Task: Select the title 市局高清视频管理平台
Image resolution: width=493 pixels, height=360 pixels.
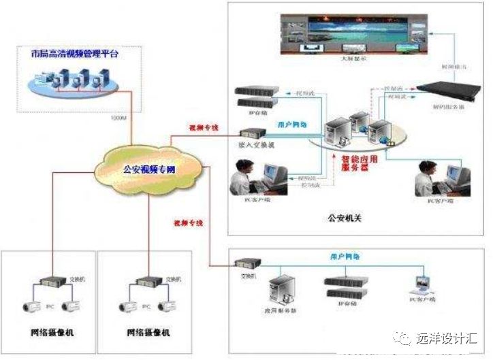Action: click(74, 54)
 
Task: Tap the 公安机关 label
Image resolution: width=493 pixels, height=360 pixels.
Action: click(340, 219)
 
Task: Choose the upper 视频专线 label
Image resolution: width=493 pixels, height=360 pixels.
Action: click(202, 127)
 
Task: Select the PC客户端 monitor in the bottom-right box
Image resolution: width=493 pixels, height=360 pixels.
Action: click(423, 285)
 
